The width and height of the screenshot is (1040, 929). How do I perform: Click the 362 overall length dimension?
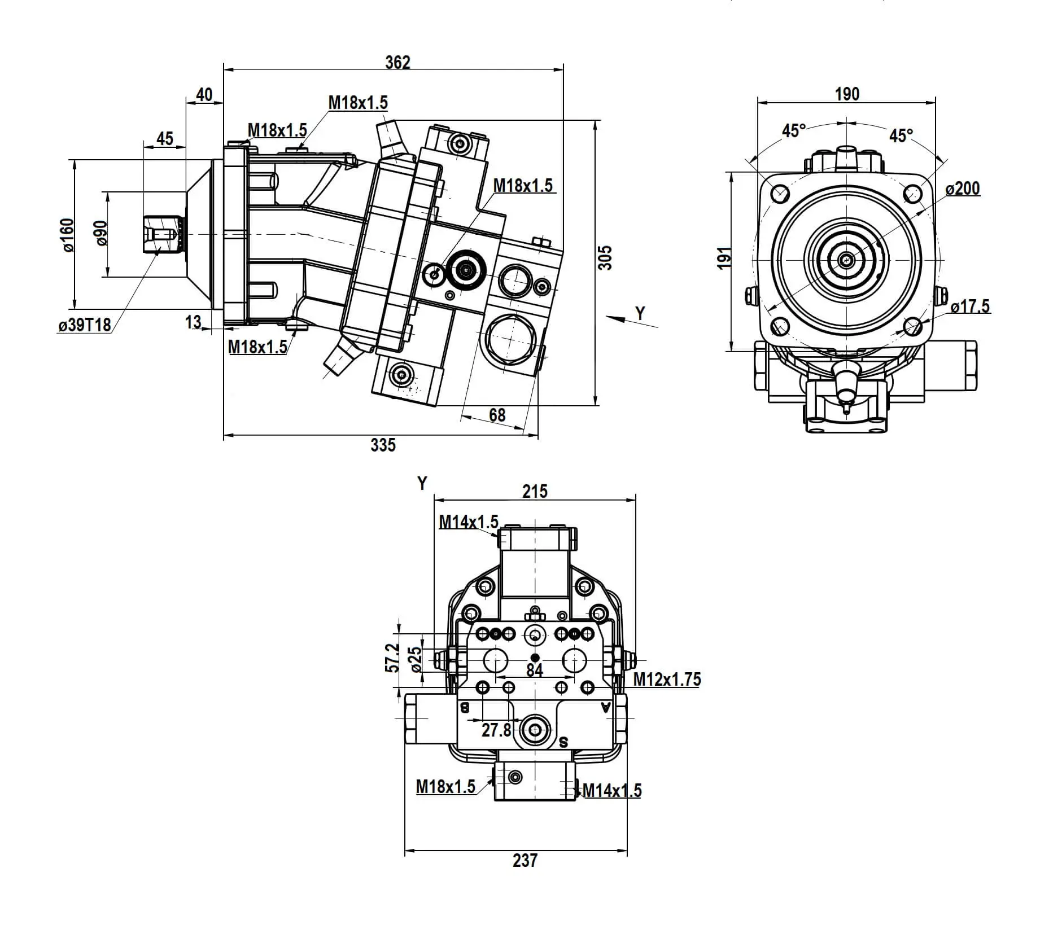[x=397, y=62]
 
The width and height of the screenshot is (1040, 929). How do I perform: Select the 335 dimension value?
[x=383, y=445]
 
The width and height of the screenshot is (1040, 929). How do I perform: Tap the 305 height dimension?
[x=605, y=257]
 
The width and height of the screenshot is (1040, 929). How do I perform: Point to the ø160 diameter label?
[x=67, y=235]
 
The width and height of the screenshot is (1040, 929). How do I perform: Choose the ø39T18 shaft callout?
[x=85, y=325]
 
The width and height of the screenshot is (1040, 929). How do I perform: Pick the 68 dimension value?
[x=497, y=415]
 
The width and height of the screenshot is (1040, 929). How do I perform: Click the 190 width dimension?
[x=847, y=94]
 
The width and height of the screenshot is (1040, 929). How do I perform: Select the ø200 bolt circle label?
[x=963, y=189]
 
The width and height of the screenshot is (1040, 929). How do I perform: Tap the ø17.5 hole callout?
[x=970, y=306]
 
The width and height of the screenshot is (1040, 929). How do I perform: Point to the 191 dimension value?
[x=724, y=258]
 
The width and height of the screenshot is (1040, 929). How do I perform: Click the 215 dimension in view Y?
[x=535, y=492]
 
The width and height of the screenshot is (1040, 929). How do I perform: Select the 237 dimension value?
[x=525, y=860]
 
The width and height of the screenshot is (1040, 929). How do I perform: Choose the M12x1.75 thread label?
[x=667, y=680]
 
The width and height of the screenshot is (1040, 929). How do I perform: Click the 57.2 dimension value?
[x=392, y=657]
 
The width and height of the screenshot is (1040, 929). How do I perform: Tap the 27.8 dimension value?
[x=496, y=730]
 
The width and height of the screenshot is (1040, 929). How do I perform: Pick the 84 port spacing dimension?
[x=535, y=670]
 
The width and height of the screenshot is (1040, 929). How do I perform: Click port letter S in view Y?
[x=563, y=743]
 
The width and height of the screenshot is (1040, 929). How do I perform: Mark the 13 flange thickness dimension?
[x=193, y=322]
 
